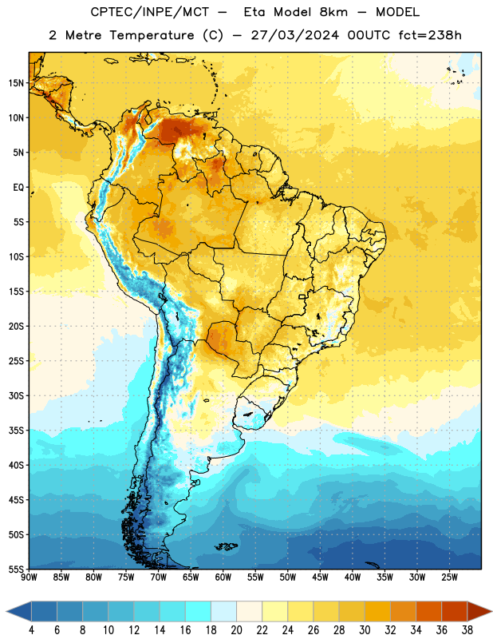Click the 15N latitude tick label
[16, 83]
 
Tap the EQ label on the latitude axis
[18, 188]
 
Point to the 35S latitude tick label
[16, 431]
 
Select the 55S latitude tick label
[16, 569]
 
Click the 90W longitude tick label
[29, 577]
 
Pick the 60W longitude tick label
[223, 577]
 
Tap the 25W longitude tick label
[449, 577]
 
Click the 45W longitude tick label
[320, 577]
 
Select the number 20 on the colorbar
[236, 630]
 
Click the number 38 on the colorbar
[467, 630]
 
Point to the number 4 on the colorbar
[31, 630]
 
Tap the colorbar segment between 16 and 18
[198, 611]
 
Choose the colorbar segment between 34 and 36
[428, 611]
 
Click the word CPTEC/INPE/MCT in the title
[150, 12]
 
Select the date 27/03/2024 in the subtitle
[294, 35]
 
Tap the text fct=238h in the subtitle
[430, 35]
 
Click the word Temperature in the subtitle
[152, 35]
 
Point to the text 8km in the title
[333, 12]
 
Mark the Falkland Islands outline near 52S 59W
[227, 546]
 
